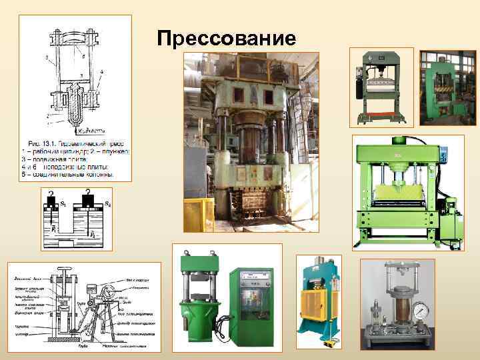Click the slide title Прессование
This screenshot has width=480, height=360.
227,38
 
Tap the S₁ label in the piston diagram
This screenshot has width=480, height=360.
63,202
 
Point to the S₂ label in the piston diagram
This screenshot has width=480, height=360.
109,203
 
